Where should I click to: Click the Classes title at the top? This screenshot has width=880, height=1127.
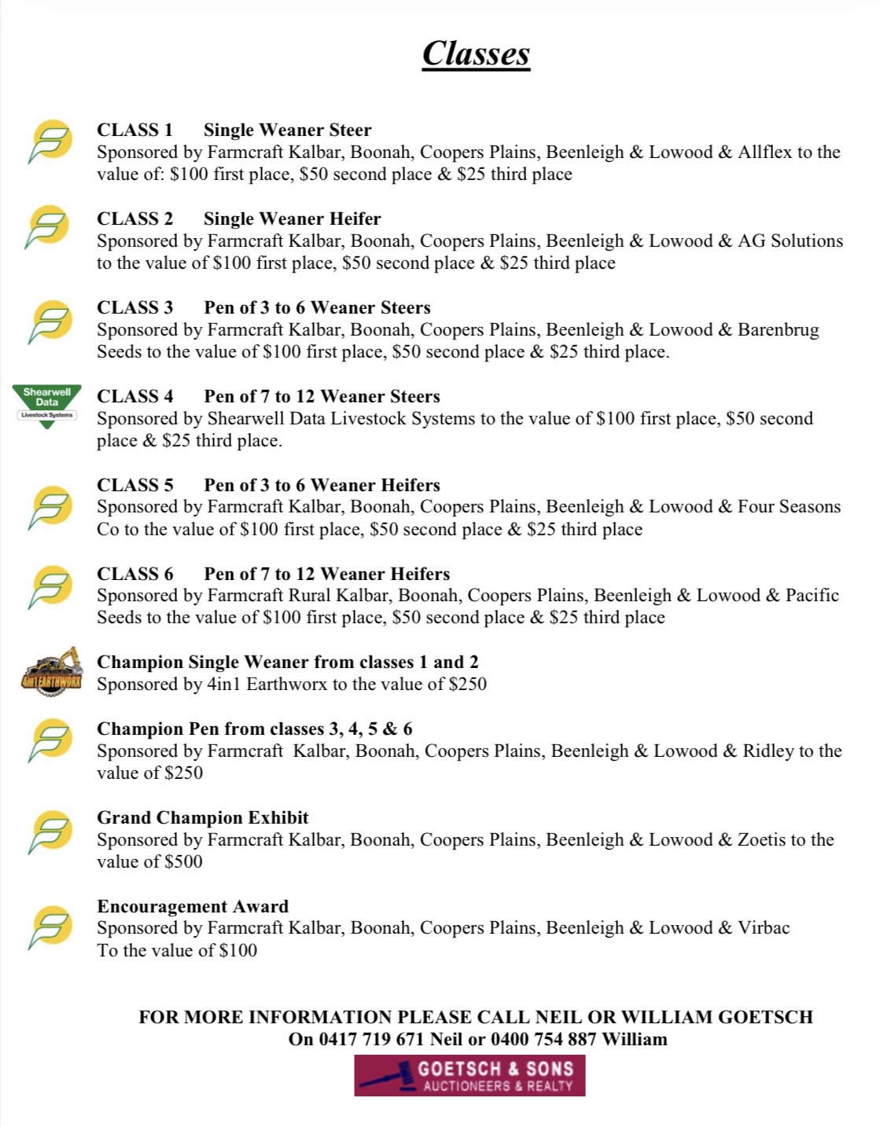(x=476, y=53)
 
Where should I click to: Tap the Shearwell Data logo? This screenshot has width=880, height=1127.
(x=46, y=406)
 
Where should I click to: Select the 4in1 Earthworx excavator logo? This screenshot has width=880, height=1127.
(x=51, y=670)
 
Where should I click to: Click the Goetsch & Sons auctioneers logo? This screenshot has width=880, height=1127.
(x=469, y=1076)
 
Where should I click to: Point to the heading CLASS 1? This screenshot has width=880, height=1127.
(x=134, y=130)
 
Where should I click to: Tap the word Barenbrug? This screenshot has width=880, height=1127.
(x=778, y=329)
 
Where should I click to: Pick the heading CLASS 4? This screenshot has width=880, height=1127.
(x=134, y=396)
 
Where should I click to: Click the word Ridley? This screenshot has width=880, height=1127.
(x=768, y=751)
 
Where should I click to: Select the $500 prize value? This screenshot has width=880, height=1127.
(x=183, y=862)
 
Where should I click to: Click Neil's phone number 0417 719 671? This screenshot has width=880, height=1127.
(x=371, y=1039)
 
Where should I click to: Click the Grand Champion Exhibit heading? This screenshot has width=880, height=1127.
(x=202, y=817)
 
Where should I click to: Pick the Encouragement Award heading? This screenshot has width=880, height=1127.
(x=193, y=906)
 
